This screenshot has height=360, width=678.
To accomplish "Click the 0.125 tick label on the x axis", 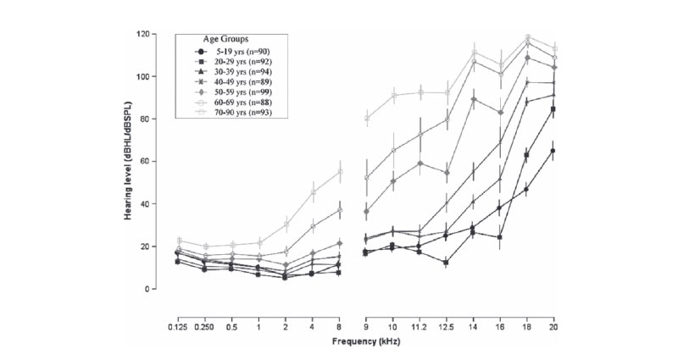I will (x=154, y=324).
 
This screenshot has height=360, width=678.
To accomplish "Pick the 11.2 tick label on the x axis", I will (x=420, y=324).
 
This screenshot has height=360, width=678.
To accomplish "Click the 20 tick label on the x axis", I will (x=553, y=324).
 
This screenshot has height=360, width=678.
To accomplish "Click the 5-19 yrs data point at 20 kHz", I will (x=553, y=151).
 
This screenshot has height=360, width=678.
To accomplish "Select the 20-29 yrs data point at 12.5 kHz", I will (x=446, y=263).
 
